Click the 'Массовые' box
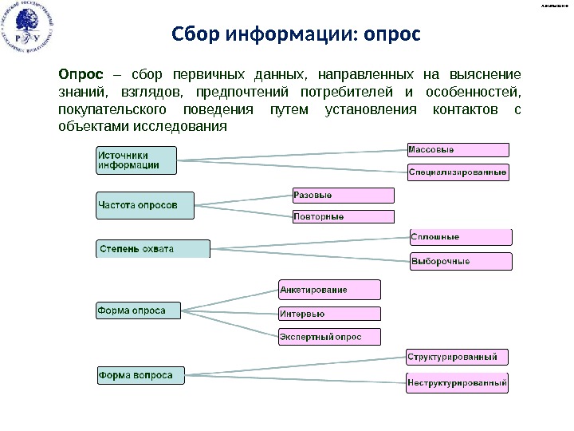coord(458,149)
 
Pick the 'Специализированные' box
coord(458,172)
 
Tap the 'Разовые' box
coord(343,196)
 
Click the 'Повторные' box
coord(343,216)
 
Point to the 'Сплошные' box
coord(460,237)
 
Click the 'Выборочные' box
coord(460,261)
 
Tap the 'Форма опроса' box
coord(138,310)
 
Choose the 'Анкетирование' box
coord(329,289)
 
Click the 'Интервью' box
coord(329,314)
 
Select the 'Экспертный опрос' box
coord(329,337)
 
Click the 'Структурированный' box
coord(457,357)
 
